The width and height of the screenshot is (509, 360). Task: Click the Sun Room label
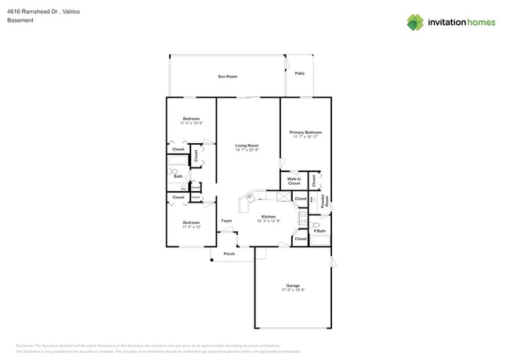point(227,77)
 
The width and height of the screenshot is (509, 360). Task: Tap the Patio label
point(299,73)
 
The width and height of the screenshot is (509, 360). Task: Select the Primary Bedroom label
point(305,132)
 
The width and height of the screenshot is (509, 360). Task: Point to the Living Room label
point(247,146)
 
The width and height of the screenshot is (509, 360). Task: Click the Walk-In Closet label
point(294,182)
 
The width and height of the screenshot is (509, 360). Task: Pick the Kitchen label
point(269,216)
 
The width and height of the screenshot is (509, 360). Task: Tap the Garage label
point(293,286)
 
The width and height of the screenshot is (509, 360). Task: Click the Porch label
point(229,254)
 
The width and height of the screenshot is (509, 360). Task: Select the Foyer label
point(226,221)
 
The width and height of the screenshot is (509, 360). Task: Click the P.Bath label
point(319,230)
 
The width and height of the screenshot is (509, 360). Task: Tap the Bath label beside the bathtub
point(179,177)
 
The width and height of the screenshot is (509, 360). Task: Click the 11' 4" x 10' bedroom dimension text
point(191,228)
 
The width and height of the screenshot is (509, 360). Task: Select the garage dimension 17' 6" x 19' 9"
point(293,290)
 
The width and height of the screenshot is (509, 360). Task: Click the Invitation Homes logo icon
point(414,22)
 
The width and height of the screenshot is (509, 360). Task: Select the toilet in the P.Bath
point(315,224)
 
